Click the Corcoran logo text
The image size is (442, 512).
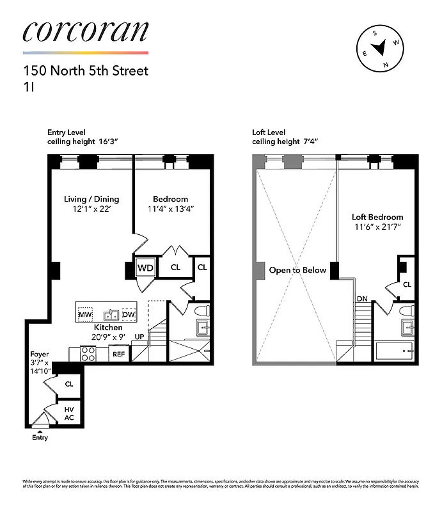click(x=85, y=32)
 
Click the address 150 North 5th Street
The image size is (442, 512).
click(x=85, y=70)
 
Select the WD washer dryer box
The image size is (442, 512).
click(x=145, y=268)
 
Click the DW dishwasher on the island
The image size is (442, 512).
click(x=128, y=315)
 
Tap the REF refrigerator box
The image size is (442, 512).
click(x=119, y=354)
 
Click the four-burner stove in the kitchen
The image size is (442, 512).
click(x=88, y=354)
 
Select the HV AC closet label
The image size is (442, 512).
click(x=68, y=413)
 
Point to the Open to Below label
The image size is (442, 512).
click(x=297, y=270)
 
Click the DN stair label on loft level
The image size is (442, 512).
click(x=362, y=299)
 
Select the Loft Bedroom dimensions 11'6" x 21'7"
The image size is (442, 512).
click(x=377, y=227)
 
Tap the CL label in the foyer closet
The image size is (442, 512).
click(x=68, y=384)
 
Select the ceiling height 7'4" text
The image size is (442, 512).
click(x=285, y=141)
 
